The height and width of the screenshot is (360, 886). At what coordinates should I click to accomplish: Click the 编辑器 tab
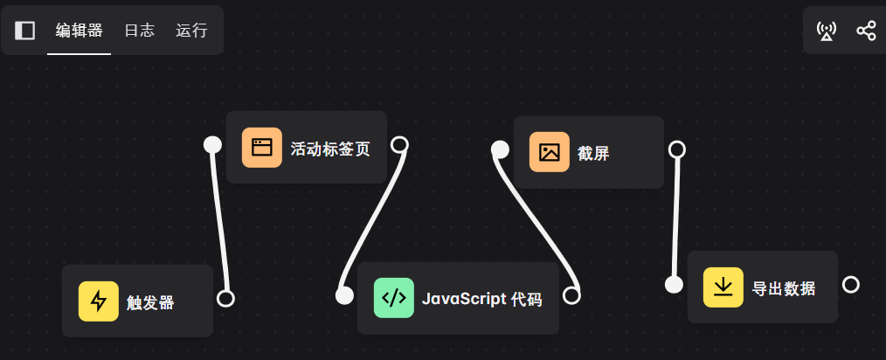[79, 31]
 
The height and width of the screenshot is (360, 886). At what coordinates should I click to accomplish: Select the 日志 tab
[139, 31]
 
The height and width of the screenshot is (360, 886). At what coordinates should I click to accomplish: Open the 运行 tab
[191, 31]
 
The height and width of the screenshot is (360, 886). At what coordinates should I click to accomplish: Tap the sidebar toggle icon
[25, 31]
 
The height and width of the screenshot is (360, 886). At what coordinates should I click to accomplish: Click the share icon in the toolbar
[866, 31]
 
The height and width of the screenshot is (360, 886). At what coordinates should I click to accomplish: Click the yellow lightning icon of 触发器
[99, 301]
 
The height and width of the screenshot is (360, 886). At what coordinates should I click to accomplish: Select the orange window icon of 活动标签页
[262, 148]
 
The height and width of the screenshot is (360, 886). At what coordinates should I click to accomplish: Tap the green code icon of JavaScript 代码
[394, 298]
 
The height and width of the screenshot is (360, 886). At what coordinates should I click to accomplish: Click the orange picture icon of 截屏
[550, 152]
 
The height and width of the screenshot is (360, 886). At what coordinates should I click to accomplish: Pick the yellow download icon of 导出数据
[723, 287]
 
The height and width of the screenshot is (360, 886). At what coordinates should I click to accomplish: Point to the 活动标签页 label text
[330, 149]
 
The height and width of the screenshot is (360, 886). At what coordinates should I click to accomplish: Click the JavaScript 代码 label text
[481, 300]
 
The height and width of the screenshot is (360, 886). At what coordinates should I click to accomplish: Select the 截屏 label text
[593, 154]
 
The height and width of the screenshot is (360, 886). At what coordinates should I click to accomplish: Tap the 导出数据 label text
[784, 288]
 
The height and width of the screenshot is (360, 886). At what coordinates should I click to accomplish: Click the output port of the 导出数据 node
[851, 285]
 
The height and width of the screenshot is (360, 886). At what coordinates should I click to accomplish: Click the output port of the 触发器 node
[225, 299]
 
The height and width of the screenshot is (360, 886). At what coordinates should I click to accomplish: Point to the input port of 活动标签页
[212, 144]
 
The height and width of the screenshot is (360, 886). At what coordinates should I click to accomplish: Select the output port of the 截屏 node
[676, 149]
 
